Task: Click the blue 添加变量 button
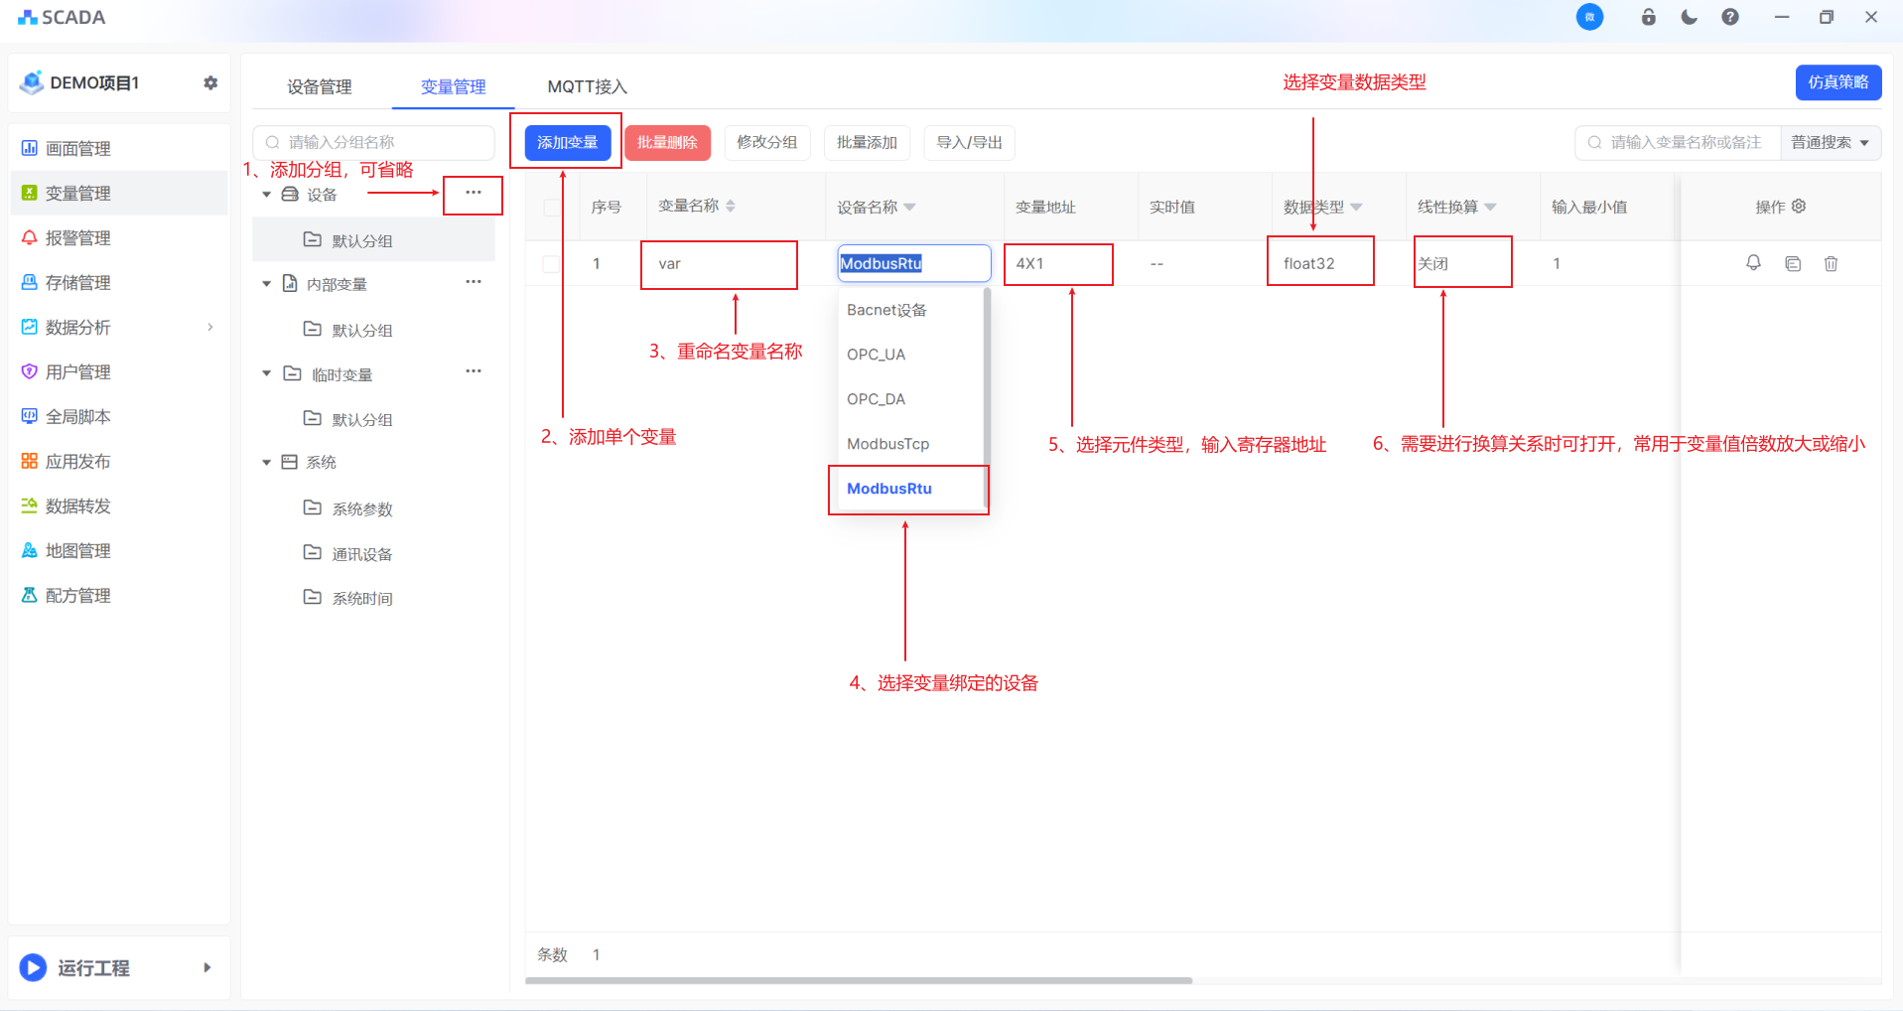point(567,142)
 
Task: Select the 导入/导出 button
point(969,142)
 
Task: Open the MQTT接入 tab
point(587,86)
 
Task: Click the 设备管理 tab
point(319,86)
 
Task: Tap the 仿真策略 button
point(1837,82)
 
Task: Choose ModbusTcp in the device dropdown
point(887,444)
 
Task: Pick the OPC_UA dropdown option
point(876,355)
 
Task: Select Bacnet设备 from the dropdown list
point(886,310)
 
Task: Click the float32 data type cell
point(1308,263)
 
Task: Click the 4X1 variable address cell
point(1029,263)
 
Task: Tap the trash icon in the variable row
point(1831,263)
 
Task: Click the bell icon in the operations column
point(1753,262)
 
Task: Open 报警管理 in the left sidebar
point(77,237)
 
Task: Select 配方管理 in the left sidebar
point(77,595)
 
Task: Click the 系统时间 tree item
point(362,598)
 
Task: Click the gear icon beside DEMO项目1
point(210,82)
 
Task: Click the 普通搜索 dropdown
point(1830,142)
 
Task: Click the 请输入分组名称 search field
point(374,142)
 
